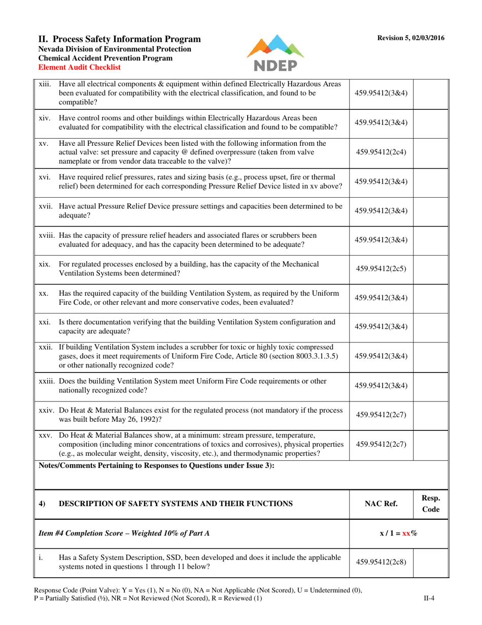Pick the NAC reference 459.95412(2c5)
pyautogui.click(x=381, y=268)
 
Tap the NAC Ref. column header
pyautogui.click(x=381, y=504)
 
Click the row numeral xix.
pyautogui.click(x=44, y=264)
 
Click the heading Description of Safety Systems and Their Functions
pyautogui.click(x=176, y=504)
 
